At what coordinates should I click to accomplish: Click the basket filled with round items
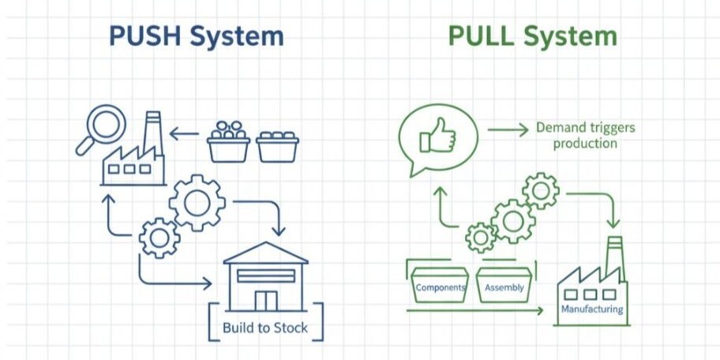click(229, 142)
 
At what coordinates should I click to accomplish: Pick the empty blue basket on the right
click(277, 146)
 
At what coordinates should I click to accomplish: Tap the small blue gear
click(159, 237)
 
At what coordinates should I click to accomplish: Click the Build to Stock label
click(265, 327)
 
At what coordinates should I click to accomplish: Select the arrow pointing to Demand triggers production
click(508, 128)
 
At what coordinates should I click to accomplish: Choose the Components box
click(440, 287)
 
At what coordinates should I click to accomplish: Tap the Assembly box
click(504, 287)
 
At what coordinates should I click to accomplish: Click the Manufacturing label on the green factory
click(591, 309)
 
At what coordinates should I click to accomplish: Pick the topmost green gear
click(541, 190)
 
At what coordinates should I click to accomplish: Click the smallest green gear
click(480, 236)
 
